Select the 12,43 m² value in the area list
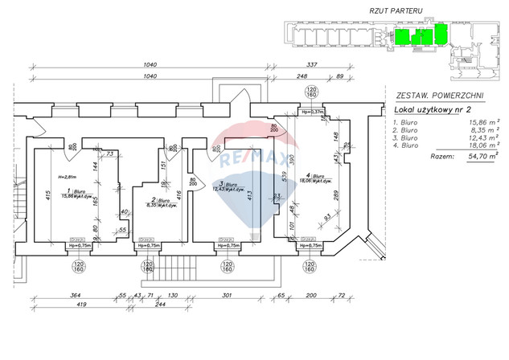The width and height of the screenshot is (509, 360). pos(477,137)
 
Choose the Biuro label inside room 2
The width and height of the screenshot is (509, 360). pos(150,200)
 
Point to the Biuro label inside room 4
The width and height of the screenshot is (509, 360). pos(316,176)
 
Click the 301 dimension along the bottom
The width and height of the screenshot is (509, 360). pos(226,296)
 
